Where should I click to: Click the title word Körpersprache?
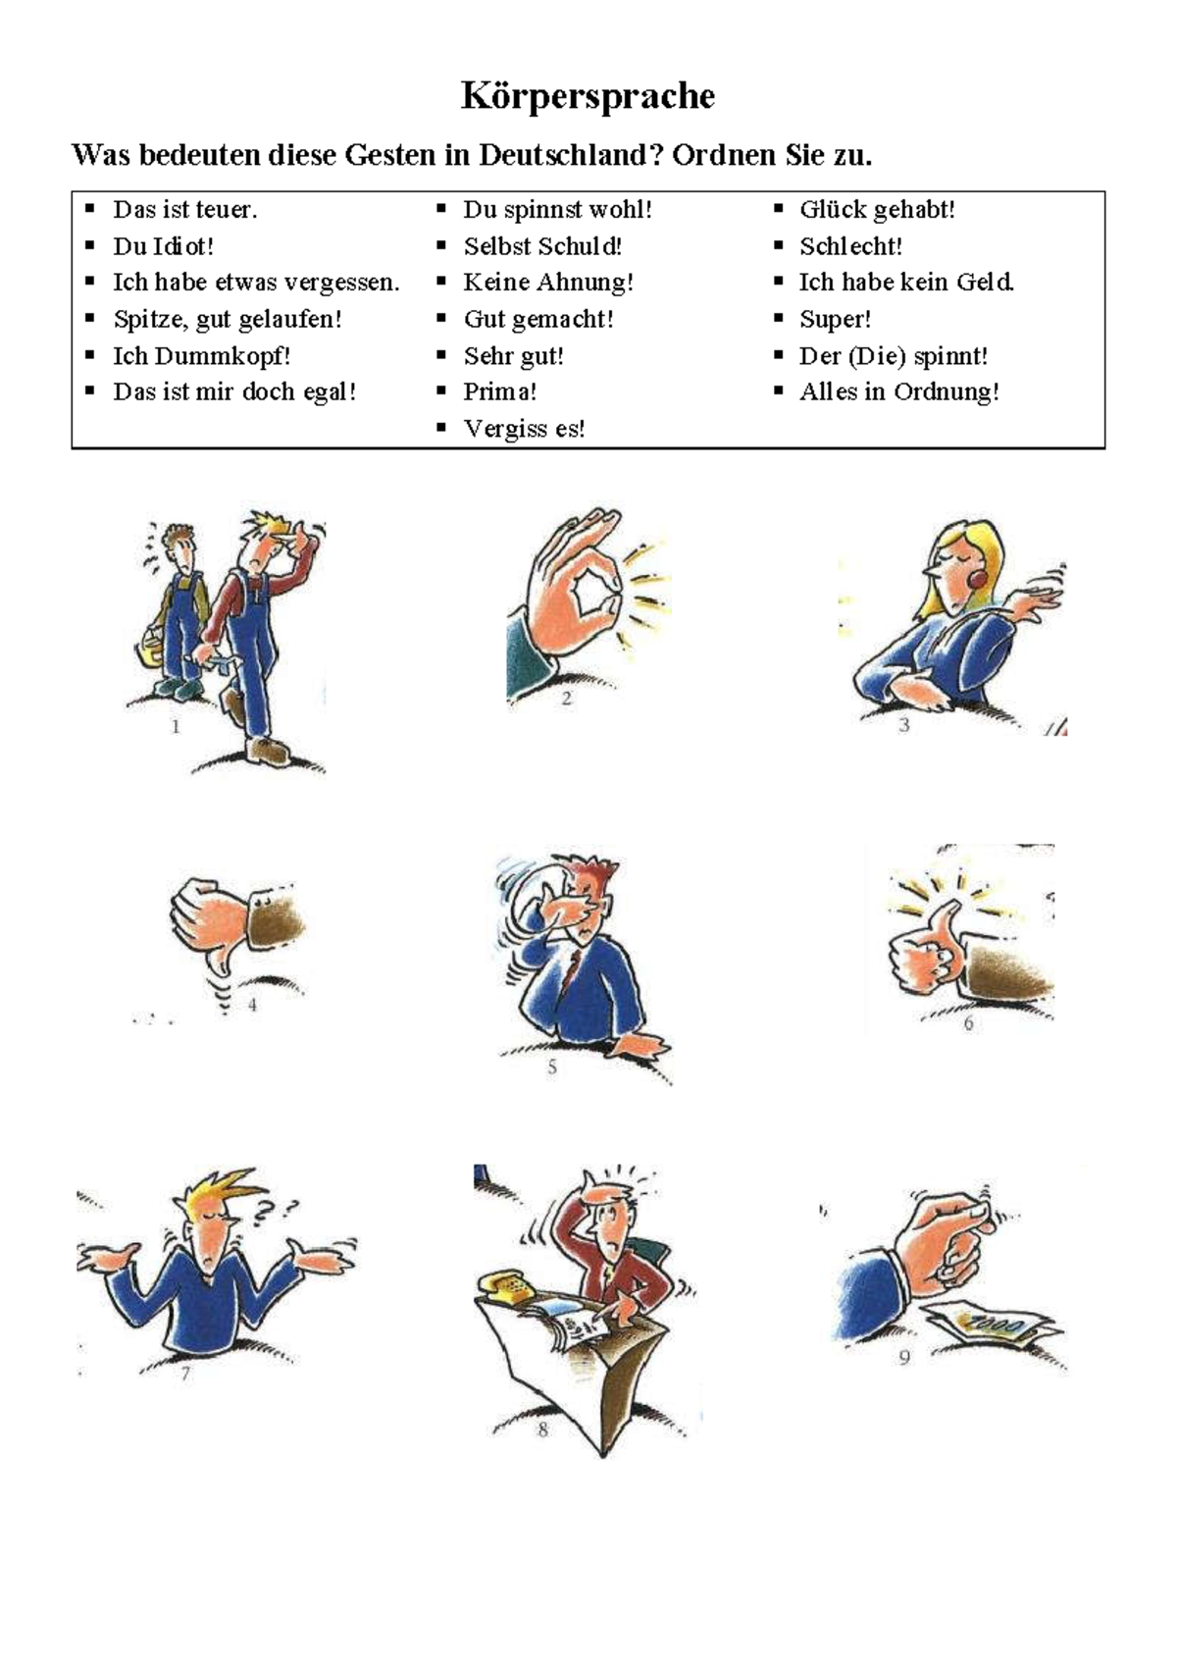(x=588, y=96)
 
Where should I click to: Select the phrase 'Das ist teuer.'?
(x=184, y=209)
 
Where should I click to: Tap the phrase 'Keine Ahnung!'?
(x=548, y=283)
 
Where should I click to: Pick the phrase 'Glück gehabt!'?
(x=877, y=209)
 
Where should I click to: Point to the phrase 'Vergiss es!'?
(x=524, y=429)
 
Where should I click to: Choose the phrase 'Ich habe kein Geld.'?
(x=906, y=283)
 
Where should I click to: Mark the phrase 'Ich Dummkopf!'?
(x=201, y=355)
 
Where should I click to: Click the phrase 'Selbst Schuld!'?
(x=542, y=246)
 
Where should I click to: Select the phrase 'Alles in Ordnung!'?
(x=899, y=391)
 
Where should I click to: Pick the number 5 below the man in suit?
(x=552, y=1066)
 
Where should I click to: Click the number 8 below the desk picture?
(x=542, y=1430)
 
